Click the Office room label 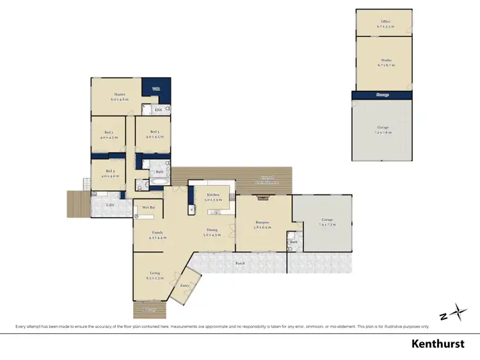point(385,22)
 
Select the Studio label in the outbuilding point(385,61)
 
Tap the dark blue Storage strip point(383,95)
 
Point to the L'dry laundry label point(111,204)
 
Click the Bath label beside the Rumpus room point(293,242)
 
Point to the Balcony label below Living point(149,309)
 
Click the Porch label point(240,263)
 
